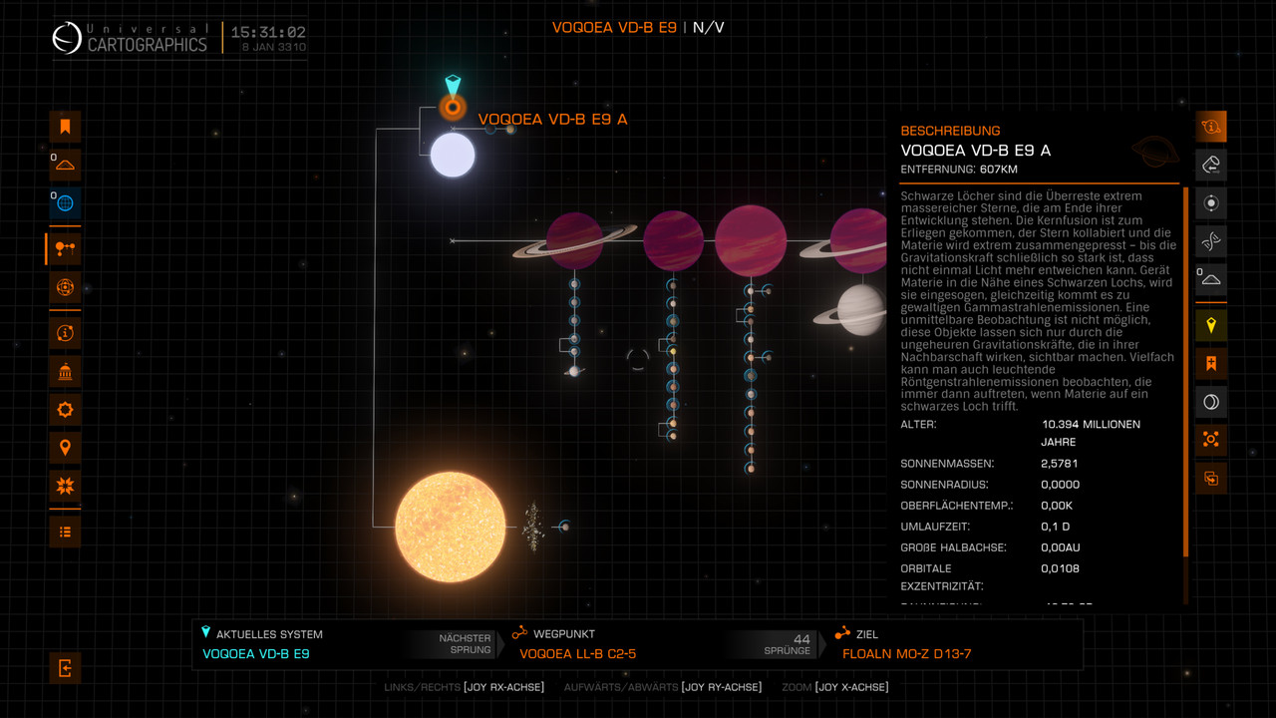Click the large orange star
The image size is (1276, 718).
click(450, 527)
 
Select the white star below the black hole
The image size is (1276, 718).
click(453, 156)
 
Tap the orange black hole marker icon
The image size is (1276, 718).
click(453, 107)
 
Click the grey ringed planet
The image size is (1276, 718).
click(861, 310)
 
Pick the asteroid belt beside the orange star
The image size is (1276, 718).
click(533, 527)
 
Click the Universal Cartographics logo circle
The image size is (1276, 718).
click(68, 39)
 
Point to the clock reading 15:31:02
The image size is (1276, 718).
click(268, 33)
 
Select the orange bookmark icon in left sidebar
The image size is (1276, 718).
click(65, 127)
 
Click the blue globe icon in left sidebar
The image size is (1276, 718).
click(65, 203)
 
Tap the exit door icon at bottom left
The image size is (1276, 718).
click(65, 668)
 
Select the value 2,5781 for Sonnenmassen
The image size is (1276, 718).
click(1060, 464)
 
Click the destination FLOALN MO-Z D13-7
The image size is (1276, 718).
click(906, 654)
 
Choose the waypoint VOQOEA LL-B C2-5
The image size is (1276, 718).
click(577, 654)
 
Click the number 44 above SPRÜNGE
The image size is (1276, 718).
click(801, 639)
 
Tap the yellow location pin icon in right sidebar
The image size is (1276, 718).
click(1211, 325)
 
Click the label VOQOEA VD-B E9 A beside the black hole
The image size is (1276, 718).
click(552, 120)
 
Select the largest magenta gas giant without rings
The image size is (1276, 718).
click(751, 240)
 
